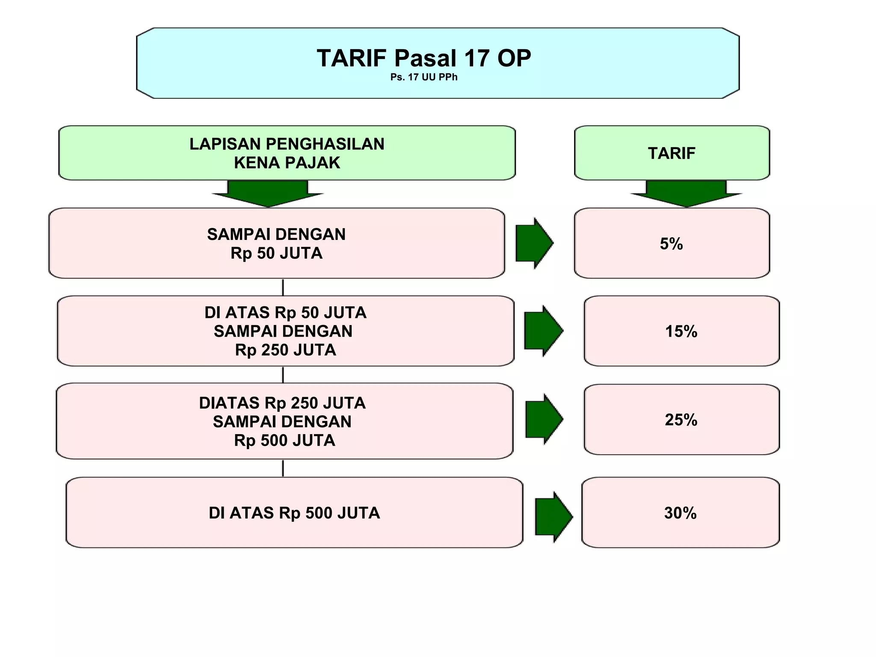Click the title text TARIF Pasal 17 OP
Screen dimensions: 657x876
[423, 58]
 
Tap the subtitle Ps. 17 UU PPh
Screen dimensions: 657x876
[423, 77]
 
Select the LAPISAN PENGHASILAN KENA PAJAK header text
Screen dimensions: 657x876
[287, 153]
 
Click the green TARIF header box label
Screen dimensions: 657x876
[672, 153]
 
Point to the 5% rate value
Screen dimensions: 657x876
[671, 244]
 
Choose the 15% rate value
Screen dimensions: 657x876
[681, 331]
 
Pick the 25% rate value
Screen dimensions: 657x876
[681, 420]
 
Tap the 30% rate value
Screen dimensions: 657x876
[680, 513]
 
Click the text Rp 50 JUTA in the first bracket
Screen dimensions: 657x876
[276, 253]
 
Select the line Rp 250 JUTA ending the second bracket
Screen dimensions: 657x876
[285, 350]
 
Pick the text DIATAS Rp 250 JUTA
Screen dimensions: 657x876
[282, 403]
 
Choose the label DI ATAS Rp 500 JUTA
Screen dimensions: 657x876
[294, 513]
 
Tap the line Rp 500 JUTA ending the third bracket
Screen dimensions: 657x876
[284, 441]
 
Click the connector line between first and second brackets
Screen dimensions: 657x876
[283, 287]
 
